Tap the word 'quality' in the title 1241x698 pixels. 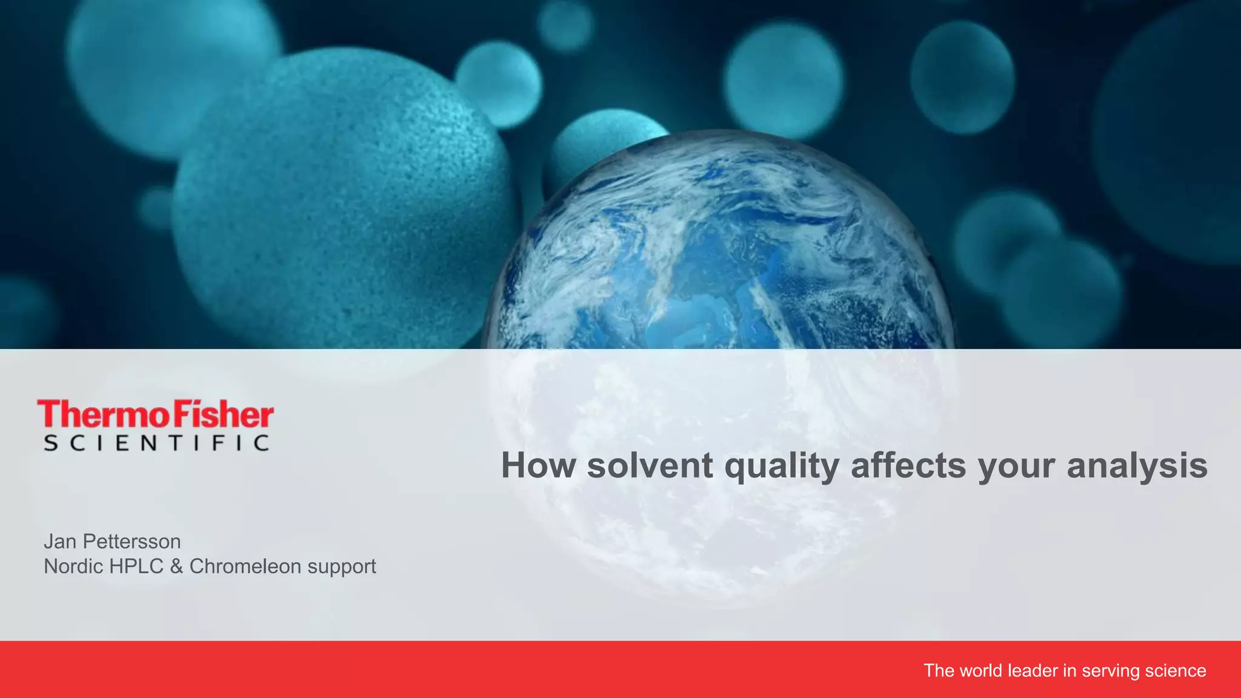[782, 467]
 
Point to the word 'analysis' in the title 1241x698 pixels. [1137, 467]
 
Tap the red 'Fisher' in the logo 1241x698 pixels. [224, 415]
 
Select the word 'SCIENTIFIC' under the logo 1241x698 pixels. [156, 443]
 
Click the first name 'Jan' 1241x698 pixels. [60, 541]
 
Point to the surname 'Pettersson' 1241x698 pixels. [131, 541]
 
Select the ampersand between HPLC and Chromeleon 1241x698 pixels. [176, 566]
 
